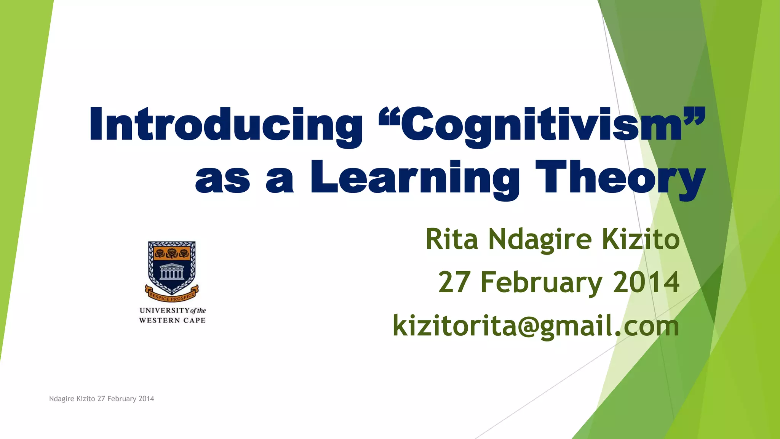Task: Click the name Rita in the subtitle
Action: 452,239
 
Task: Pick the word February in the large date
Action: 541,283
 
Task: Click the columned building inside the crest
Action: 171,272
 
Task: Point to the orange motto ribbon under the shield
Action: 172,294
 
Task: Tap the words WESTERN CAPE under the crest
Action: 172,320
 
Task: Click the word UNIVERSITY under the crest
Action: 164,311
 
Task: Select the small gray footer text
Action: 102,399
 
